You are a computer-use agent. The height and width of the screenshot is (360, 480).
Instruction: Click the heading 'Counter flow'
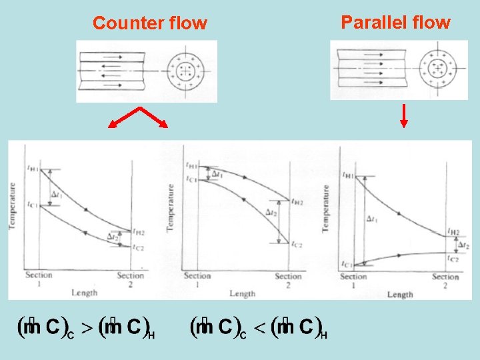150,23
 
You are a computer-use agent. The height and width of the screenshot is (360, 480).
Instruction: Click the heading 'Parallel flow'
395,23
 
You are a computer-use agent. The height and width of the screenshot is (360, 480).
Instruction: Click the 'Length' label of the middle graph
242,293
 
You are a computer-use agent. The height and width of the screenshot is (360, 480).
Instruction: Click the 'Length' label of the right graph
400,294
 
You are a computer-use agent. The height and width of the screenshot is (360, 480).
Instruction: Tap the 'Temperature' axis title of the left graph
12,207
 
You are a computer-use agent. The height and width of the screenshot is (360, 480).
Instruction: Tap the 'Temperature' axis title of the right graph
326,209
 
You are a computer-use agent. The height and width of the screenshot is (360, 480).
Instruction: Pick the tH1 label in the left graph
32,169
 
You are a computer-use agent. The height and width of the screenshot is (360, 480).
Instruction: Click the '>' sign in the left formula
86,327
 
